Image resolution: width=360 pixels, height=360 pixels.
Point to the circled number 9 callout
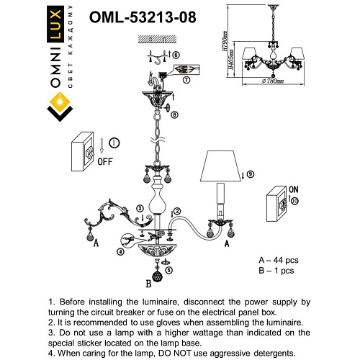point(250,174)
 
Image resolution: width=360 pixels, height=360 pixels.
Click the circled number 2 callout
point(176,210)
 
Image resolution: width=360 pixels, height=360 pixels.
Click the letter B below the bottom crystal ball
point(148,283)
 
